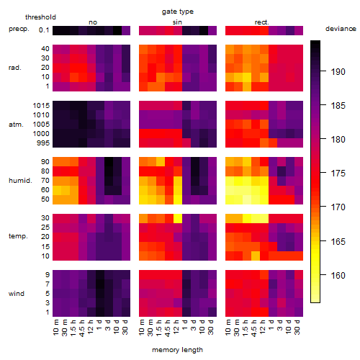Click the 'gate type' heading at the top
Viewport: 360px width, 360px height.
pos(178,12)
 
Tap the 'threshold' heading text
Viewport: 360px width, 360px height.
pos(40,17)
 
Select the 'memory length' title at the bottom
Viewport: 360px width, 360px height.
pos(177,350)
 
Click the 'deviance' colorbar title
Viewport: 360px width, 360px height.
pos(341,29)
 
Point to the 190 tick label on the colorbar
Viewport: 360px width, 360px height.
pos(338,71)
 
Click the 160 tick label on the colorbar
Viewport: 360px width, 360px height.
pos(338,275)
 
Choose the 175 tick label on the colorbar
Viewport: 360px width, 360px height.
pos(338,174)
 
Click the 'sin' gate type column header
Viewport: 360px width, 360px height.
pos(177,22)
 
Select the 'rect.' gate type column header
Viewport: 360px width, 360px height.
pos(261,22)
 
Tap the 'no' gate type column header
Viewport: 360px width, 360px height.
pos(93,22)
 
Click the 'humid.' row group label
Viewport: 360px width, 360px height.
pos(20,181)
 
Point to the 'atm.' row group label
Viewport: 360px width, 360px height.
pos(16,125)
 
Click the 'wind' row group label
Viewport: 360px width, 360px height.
pos(17,294)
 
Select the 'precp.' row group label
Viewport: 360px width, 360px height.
pos(19,29)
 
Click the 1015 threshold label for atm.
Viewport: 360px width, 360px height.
pos(41,105)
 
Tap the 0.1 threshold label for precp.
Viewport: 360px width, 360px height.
pos(44,30)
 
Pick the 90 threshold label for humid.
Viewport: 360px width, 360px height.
pos(45,161)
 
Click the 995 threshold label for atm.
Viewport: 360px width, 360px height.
pos(43,143)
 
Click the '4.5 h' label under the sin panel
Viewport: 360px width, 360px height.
pos(168,328)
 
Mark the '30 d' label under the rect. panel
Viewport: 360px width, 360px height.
pos(297,327)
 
